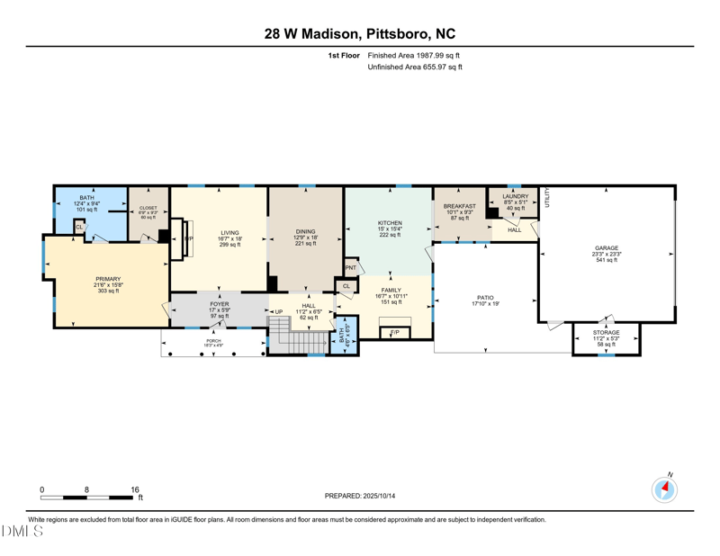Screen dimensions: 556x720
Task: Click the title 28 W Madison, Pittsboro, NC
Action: pos(360,34)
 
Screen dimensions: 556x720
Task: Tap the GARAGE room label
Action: pos(606,247)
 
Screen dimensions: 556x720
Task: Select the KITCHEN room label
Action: pos(390,223)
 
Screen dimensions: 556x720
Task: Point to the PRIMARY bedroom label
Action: pos(108,279)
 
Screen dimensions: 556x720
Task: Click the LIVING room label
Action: pos(229,233)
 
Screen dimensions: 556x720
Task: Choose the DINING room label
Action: pos(306,232)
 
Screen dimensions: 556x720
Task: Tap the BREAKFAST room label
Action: pos(459,206)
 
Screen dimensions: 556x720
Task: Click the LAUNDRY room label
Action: pos(516,196)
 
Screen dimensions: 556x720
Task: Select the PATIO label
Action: pos(484,298)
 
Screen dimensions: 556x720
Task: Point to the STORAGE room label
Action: pos(606,333)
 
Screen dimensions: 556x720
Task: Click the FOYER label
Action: pos(220,304)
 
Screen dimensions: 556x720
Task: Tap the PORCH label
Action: pos(214,341)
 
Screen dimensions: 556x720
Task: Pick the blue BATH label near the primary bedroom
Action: pos(86,197)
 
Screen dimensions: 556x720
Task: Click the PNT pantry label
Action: pos(350,267)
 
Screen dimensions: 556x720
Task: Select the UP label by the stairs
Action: pos(279,312)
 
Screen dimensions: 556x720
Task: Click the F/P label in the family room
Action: pos(394,333)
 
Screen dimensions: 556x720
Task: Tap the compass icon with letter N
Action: pos(665,489)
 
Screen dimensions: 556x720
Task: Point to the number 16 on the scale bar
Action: pos(135,490)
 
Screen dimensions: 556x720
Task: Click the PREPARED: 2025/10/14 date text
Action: pos(360,496)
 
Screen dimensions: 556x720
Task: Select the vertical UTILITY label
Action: pos(546,200)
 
